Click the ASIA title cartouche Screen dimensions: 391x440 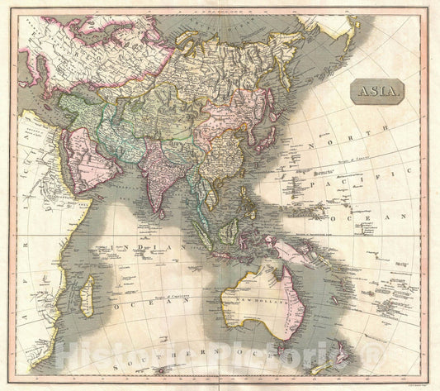376,90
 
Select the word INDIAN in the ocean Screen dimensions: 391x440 140,247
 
